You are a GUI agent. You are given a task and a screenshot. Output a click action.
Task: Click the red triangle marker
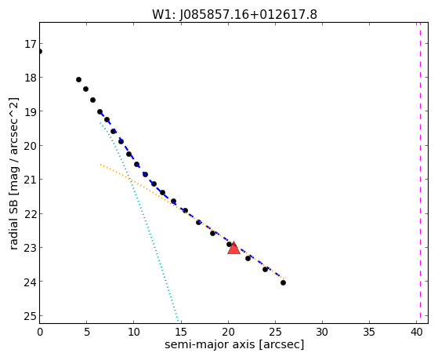coord(233,248)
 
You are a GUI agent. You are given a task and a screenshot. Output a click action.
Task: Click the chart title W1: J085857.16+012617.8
coord(234,15)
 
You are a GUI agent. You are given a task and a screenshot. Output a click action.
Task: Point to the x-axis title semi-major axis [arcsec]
coord(234,344)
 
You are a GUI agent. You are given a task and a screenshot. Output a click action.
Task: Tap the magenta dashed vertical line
coord(420,173)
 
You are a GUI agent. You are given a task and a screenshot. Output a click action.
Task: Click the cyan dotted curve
coord(139,221)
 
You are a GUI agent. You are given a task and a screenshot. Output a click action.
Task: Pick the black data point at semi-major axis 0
coord(40,52)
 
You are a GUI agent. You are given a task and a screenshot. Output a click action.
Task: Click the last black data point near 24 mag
coord(283,283)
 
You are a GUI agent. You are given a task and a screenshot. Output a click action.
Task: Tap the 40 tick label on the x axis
coord(416,332)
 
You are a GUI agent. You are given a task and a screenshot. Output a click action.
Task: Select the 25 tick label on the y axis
coord(30,316)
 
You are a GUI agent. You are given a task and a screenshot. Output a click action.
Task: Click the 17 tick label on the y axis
coord(30,44)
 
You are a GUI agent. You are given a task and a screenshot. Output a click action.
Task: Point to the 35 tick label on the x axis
coord(369,332)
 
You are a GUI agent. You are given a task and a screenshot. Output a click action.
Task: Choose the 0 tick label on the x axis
coord(40,332)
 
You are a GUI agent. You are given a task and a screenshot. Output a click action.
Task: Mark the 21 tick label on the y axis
coord(30,180)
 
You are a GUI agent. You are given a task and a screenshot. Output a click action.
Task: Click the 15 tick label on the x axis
coord(181,332)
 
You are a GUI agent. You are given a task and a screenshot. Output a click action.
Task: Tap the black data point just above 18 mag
coord(78,80)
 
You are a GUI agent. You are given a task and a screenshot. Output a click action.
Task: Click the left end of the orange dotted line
coord(100,165)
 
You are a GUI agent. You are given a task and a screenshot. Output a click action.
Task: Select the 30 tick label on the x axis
coord(322,332)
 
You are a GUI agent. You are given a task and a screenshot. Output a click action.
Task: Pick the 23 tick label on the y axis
coord(30,248)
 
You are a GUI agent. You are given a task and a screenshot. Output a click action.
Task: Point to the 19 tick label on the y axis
coord(30,112)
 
